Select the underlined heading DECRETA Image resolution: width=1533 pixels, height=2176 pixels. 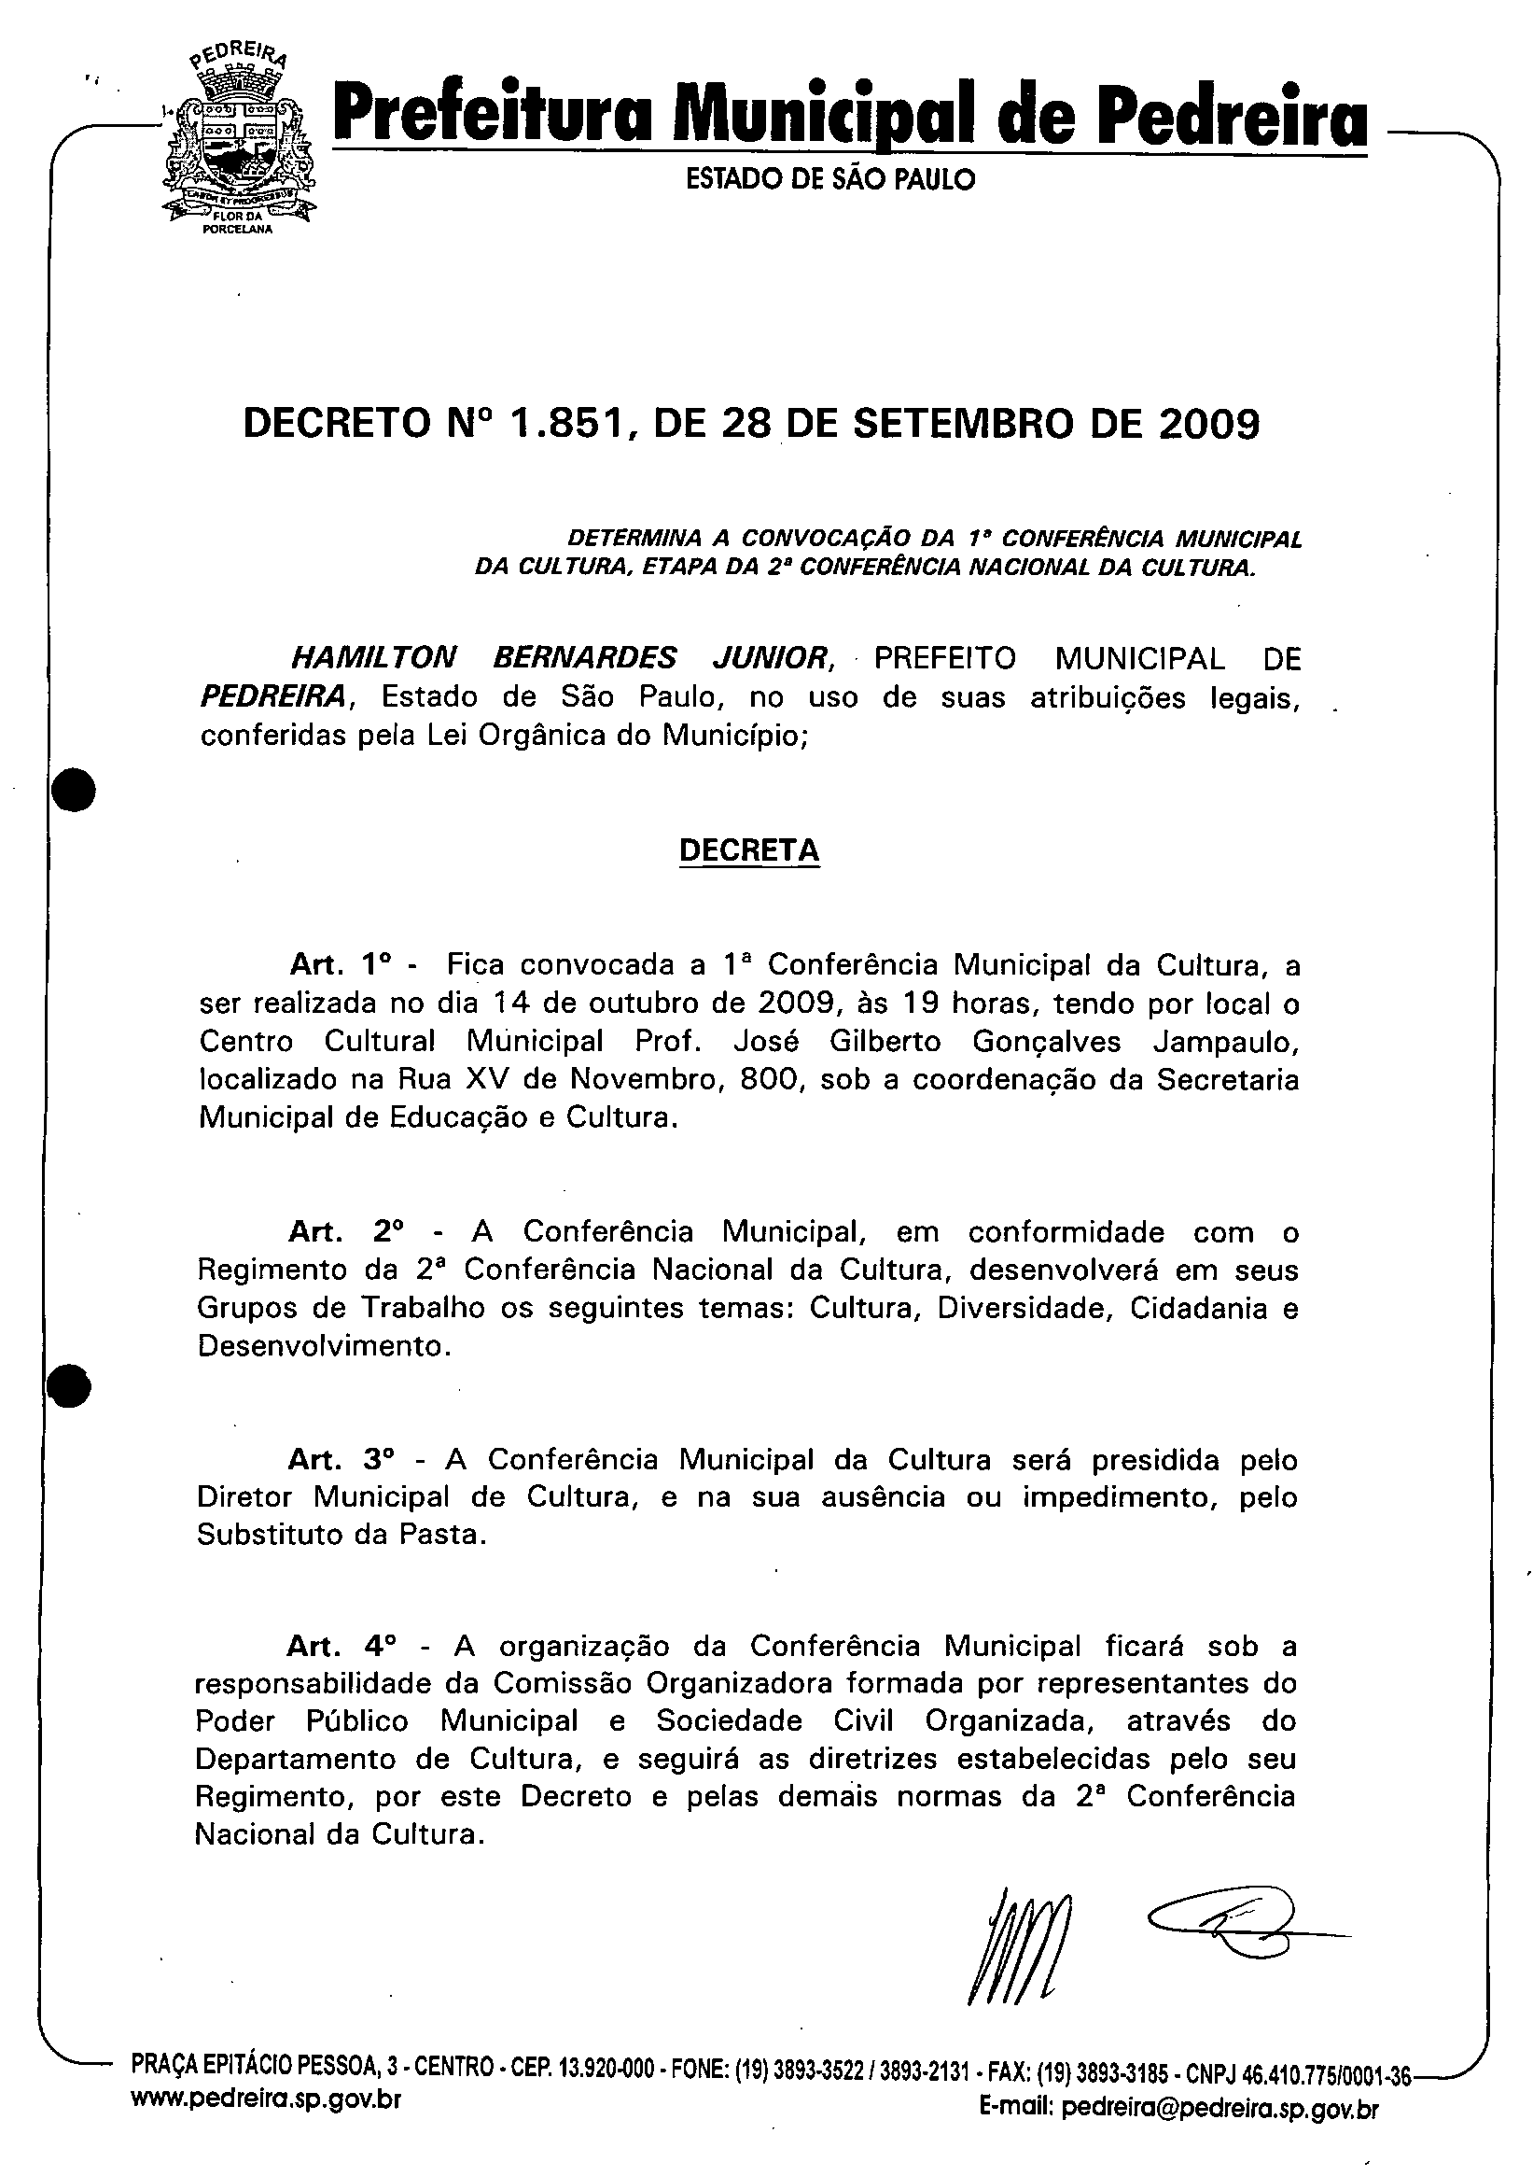pyautogui.click(x=748, y=850)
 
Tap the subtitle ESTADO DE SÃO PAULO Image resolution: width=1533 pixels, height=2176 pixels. pyautogui.click(x=830, y=179)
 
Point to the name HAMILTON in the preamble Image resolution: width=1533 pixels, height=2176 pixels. pyautogui.click(x=373, y=658)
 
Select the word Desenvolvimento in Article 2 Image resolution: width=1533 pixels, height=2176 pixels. pyautogui.click(x=320, y=1346)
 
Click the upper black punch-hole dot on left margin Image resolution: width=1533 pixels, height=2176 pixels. pyautogui.click(x=73, y=790)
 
